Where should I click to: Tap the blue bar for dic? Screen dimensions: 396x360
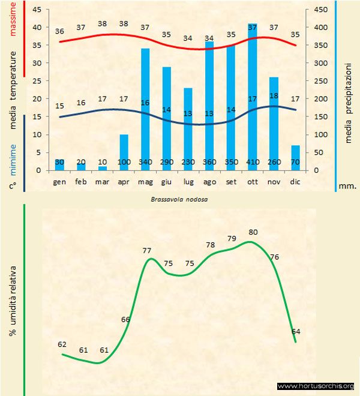point(295,158)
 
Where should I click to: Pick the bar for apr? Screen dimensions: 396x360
point(124,152)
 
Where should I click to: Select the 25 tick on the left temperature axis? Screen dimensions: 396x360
point(37,81)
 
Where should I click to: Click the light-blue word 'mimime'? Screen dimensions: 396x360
point(13,145)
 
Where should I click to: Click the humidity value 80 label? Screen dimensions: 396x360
point(253,232)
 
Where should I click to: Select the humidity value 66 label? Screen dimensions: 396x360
point(125,319)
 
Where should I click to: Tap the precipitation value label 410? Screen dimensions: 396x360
point(253,162)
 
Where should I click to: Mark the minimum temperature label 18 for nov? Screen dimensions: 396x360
point(274,96)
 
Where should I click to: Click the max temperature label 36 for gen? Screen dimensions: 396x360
point(59,31)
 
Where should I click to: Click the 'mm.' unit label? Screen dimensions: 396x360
point(347,187)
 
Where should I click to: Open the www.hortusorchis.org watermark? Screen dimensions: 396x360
point(316,386)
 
